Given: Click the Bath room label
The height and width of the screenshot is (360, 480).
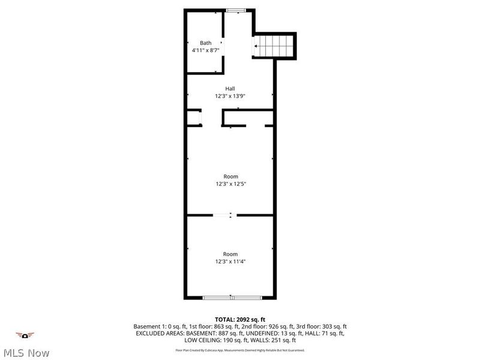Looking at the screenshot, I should (206, 43).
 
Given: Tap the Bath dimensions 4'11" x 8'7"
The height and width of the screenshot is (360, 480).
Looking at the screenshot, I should (206, 51).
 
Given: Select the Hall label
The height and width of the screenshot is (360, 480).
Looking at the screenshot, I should (230, 88).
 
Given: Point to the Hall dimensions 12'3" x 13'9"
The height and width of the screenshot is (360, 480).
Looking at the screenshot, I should (230, 96).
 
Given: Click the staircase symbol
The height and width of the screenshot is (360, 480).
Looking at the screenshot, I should (275, 45).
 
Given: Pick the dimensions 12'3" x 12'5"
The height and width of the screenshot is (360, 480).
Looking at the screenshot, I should (230, 184).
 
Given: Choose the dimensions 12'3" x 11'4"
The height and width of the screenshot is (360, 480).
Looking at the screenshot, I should (230, 262).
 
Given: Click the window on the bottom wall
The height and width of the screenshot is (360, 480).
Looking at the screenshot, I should (230, 297).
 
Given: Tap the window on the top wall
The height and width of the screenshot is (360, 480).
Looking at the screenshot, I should (235, 10).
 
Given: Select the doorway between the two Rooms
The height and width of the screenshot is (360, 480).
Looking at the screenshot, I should (226, 215).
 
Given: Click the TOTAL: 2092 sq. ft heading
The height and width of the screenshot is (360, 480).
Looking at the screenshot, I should (240, 319).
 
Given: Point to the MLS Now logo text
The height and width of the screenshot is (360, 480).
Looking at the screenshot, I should (26, 353).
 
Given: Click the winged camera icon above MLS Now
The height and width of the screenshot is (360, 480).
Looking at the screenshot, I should (25, 335).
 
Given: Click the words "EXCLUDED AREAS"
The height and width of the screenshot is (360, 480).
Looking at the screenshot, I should (157, 333).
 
